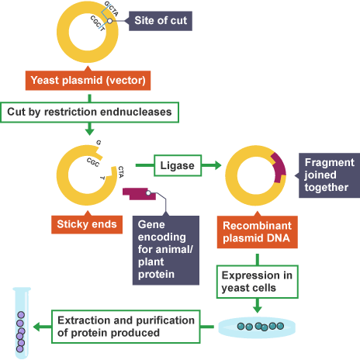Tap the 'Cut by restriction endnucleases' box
[92, 111]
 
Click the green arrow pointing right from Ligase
[215, 164]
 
